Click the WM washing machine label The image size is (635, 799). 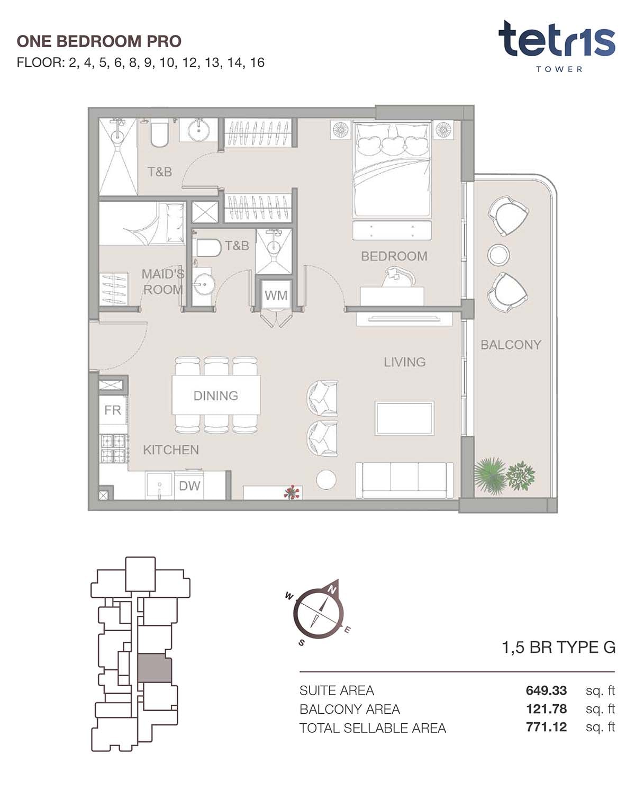(276, 295)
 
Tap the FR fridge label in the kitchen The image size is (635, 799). (113, 410)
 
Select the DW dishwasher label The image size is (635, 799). (189, 486)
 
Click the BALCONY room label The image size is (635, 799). (511, 345)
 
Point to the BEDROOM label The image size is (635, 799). (394, 256)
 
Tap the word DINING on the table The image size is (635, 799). (215, 396)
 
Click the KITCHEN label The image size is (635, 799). (171, 450)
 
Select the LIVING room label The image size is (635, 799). (404, 362)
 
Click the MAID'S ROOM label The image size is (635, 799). (162, 282)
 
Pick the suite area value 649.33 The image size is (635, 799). (546, 690)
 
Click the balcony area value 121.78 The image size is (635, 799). (546, 709)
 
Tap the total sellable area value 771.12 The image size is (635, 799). (546, 727)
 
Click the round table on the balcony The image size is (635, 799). (498, 255)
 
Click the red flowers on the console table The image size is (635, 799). (292, 492)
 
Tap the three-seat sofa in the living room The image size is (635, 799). (404, 480)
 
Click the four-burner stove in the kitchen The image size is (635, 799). (113, 448)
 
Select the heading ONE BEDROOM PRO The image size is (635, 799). (99, 41)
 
